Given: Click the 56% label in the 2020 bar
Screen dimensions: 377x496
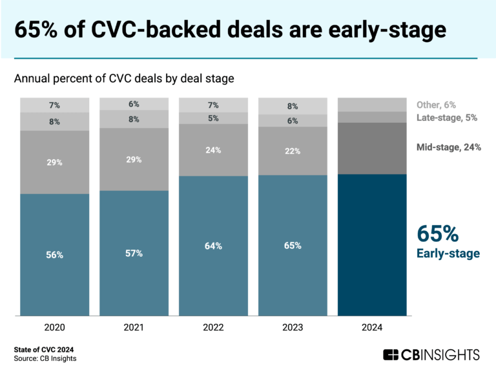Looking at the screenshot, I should click(55, 255).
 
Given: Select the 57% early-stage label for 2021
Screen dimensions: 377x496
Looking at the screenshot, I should click(134, 253).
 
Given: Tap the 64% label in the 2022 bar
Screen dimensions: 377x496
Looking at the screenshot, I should click(213, 246).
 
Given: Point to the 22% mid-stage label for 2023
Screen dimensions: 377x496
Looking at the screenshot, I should click(293, 150).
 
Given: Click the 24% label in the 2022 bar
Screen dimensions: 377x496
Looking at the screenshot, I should click(213, 150).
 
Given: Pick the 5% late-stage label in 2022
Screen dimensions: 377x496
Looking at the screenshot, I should click(213, 118).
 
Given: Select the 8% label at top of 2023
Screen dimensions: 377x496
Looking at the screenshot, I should click(293, 107).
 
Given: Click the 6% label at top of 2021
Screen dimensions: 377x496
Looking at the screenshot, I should click(134, 104).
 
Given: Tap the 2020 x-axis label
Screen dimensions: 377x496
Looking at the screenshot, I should click(55, 328).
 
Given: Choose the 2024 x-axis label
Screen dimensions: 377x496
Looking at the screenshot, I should click(371, 328).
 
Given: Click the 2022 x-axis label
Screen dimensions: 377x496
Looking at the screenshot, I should click(213, 328).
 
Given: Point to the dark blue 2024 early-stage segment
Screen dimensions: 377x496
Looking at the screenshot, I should click(371, 246).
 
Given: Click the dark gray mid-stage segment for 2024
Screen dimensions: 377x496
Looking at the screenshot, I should click(371, 148).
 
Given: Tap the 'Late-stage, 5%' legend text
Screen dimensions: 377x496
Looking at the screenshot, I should click(446, 118).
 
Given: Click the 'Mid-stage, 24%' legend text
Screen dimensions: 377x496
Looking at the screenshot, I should click(448, 148).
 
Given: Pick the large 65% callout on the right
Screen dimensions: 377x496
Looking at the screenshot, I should click(438, 233).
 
